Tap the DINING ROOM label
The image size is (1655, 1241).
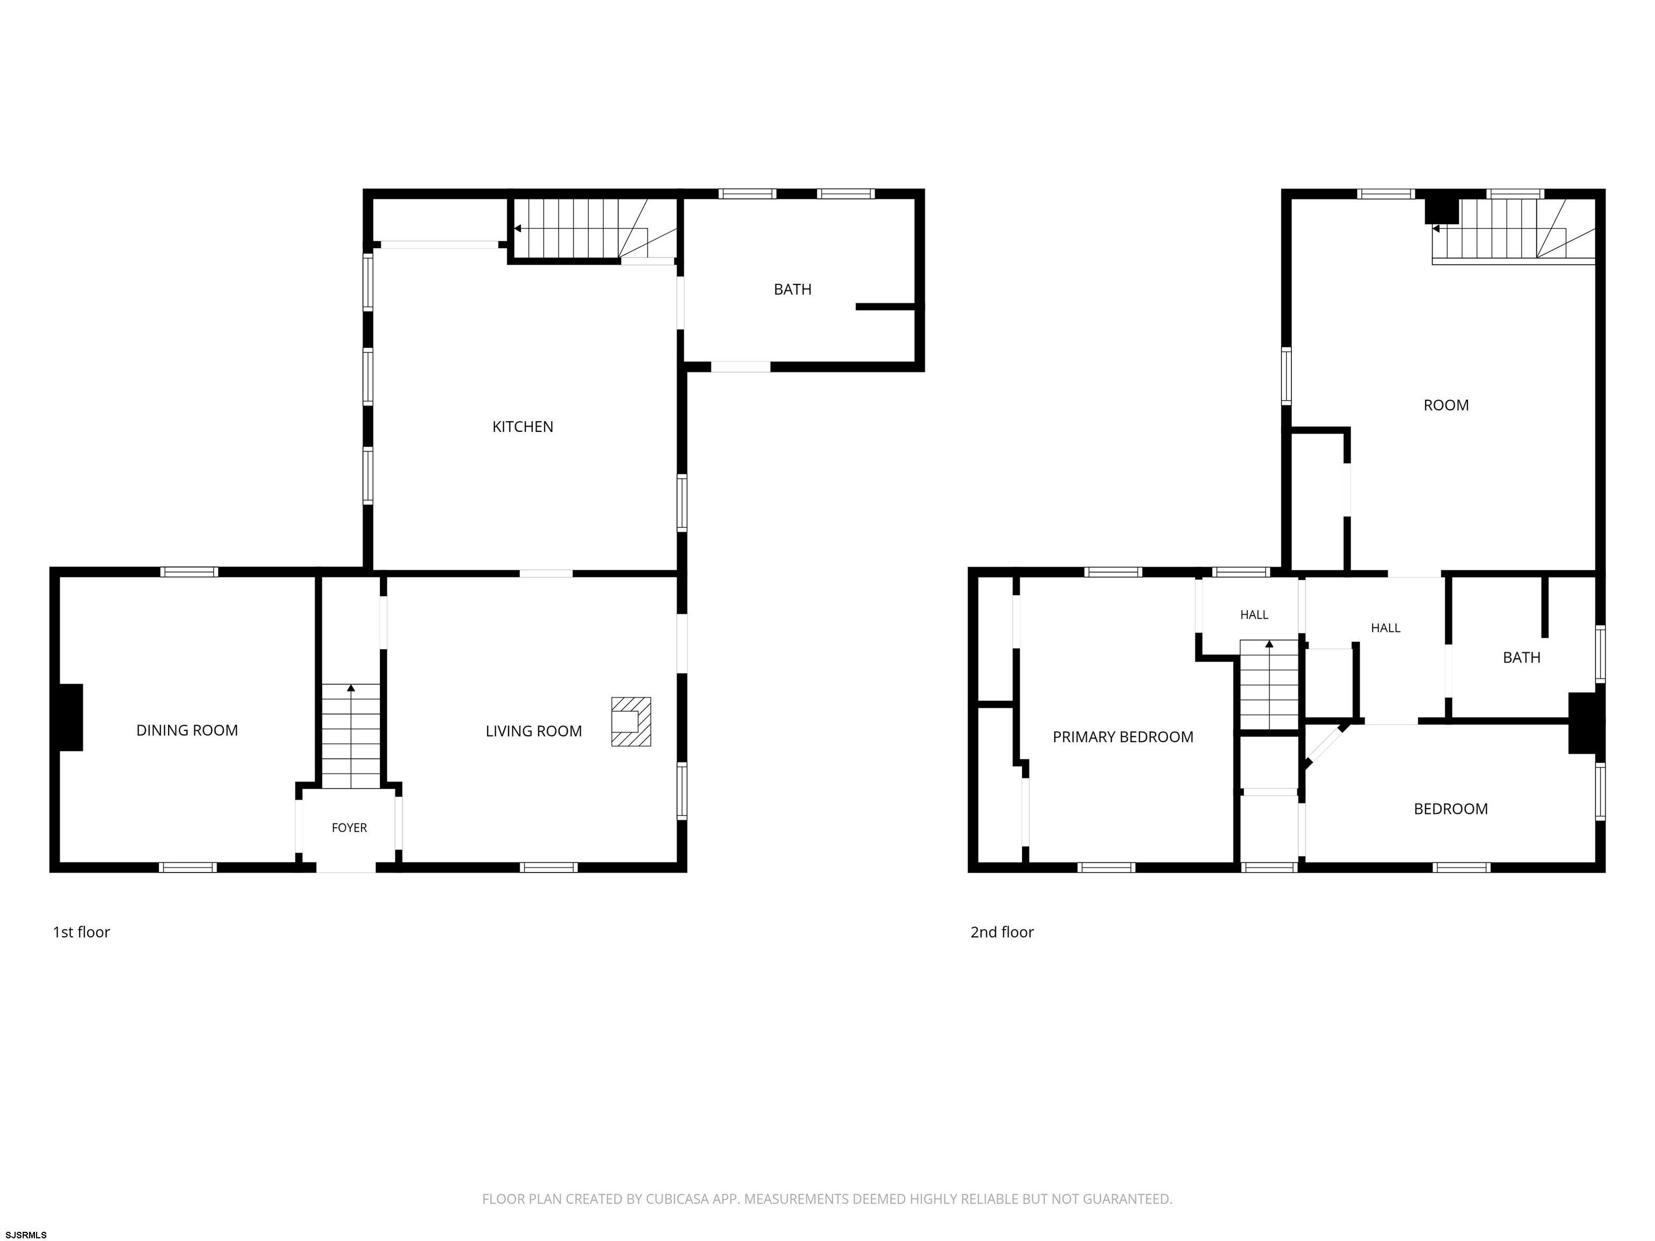pos(187,730)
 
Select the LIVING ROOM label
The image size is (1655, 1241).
pos(533,731)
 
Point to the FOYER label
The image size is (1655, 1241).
pos(350,827)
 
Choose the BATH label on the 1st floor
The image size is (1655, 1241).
pos(792,289)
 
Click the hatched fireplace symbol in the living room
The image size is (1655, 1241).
pos(631,722)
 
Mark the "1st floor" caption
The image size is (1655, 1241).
pos(81,932)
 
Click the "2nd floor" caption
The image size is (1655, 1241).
pos(1002,932)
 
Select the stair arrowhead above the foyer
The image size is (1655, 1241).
pos(351,687)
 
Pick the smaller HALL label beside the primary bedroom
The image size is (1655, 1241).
pos(1254,615)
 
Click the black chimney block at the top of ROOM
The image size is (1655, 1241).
pos(1442,210)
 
